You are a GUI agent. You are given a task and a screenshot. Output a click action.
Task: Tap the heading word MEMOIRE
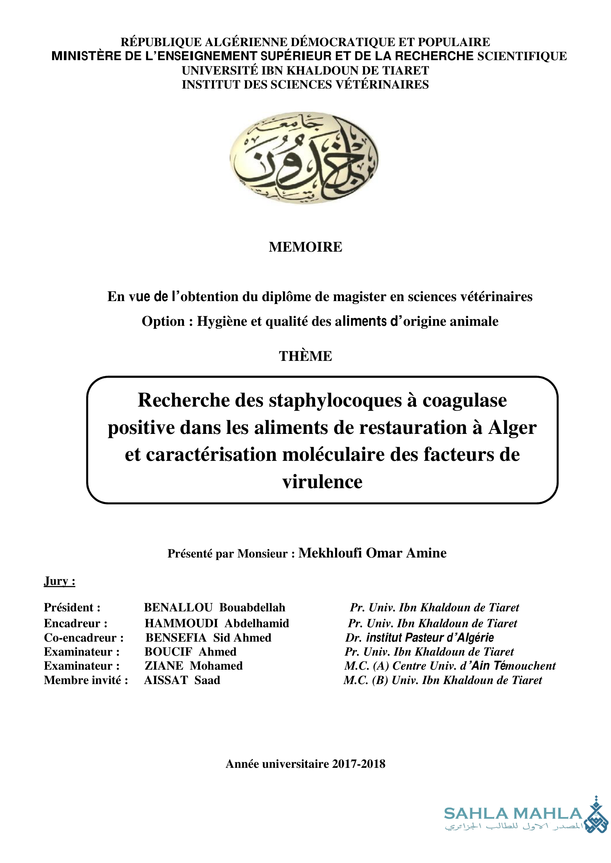pyautogui.click(x=305, y=247)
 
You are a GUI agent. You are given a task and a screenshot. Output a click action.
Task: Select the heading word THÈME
pyautogui.click(x=305, y=356)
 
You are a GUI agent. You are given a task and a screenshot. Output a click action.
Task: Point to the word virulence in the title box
pyautogui.click(x=322, y=481)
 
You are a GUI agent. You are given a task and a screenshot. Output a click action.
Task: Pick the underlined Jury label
pyautogui.click(x=59, y=581)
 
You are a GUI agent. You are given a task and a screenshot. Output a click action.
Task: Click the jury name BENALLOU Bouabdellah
pyautogui.click(x=215, y=608)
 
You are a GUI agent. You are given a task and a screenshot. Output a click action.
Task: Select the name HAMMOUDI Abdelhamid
pyautogui.click(x=217, y=624)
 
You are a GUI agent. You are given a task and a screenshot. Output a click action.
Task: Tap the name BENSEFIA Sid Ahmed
pyautogui.click(x=208, y=638)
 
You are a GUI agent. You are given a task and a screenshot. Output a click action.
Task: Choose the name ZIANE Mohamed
pyautogui.click(x=194, y=666)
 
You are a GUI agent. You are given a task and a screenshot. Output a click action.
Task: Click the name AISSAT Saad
pyautogui.click(x=182, y=680)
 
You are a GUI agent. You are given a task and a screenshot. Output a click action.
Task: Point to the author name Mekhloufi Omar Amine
pyautogui.click(x=372, y=553)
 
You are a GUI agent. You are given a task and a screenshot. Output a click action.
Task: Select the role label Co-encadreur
pyautogui.click(x=83, y=638)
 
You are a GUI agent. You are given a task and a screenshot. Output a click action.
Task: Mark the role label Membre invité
pyautogui.click(x=86, y=680)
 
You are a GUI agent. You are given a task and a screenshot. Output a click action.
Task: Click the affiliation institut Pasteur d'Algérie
pyautogui.click(x=430, y=638)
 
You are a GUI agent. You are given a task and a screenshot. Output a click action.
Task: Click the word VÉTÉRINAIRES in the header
pyautogui.click(x=382, y=84)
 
